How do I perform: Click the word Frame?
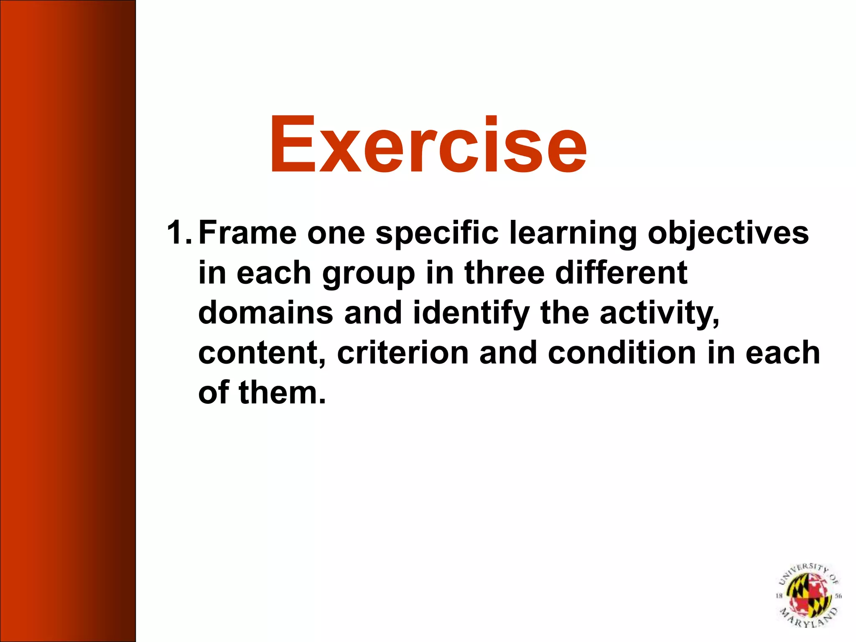[x=247, y=232]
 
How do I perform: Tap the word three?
[x=504, y=273]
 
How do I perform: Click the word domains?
[x=265, y=313]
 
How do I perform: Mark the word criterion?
[x=403, y=353]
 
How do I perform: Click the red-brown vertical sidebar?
[x=68, y=321]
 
